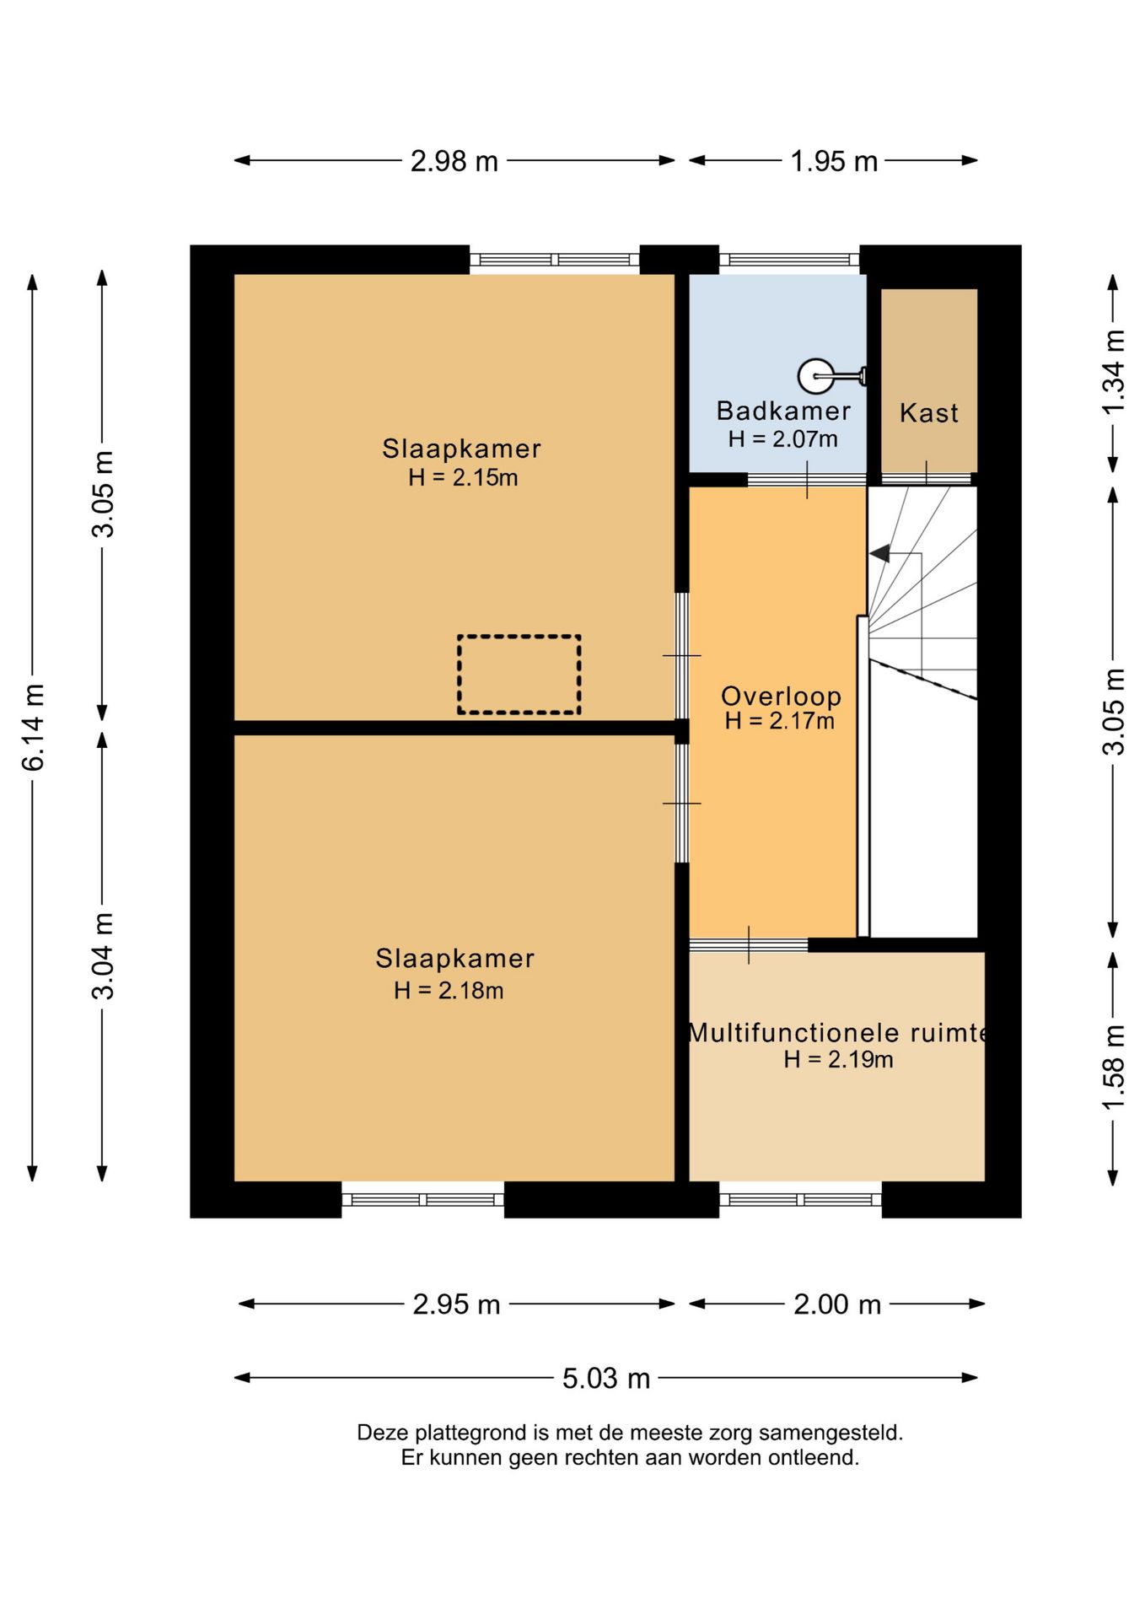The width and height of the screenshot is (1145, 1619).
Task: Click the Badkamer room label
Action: [783, 411]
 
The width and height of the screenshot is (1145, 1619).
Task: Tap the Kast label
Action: [929, 413]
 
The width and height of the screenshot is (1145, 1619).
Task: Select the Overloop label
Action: [781, 696]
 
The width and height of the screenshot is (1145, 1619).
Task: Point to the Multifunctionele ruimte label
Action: [838, 1032]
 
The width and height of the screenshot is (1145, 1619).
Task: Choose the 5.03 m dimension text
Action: [606, 1378]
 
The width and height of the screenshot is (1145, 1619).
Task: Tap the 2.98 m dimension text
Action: [454, 161]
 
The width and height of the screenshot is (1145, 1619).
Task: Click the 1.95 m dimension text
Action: [834, 161]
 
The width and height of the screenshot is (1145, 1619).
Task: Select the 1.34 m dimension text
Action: [1114, 372]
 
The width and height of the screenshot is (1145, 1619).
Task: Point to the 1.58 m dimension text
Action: [1114, 1068]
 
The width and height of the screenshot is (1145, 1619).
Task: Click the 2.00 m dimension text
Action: [837, 1304]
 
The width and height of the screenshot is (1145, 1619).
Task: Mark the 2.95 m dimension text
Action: [456, 1304]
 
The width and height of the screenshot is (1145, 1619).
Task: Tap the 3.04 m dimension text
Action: [103, 956]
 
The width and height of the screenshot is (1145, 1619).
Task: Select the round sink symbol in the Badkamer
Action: [816, 376]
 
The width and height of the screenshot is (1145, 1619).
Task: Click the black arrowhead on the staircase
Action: [880, 554]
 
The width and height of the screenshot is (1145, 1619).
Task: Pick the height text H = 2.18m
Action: [449, 990]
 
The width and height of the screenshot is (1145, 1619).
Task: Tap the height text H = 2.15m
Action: [463, 477]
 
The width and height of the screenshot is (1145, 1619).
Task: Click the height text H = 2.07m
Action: [783, 438]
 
